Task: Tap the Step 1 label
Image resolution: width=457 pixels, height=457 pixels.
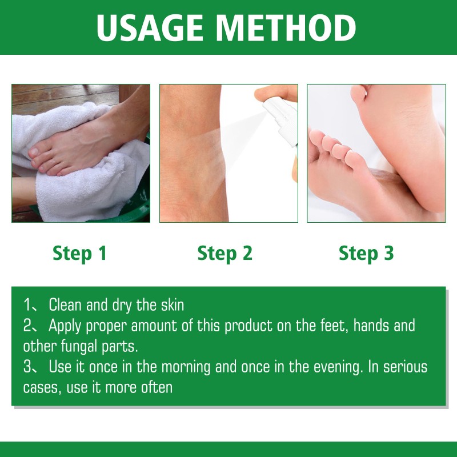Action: tap(80, 253)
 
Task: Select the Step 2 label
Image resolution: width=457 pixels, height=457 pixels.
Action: tap(225, 253)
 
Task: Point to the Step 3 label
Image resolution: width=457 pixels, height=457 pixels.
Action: tap(366, 253)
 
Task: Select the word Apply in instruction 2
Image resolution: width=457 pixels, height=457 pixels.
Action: tap(66, 326)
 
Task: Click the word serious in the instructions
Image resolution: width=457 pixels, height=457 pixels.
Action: tap(406, 367)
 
